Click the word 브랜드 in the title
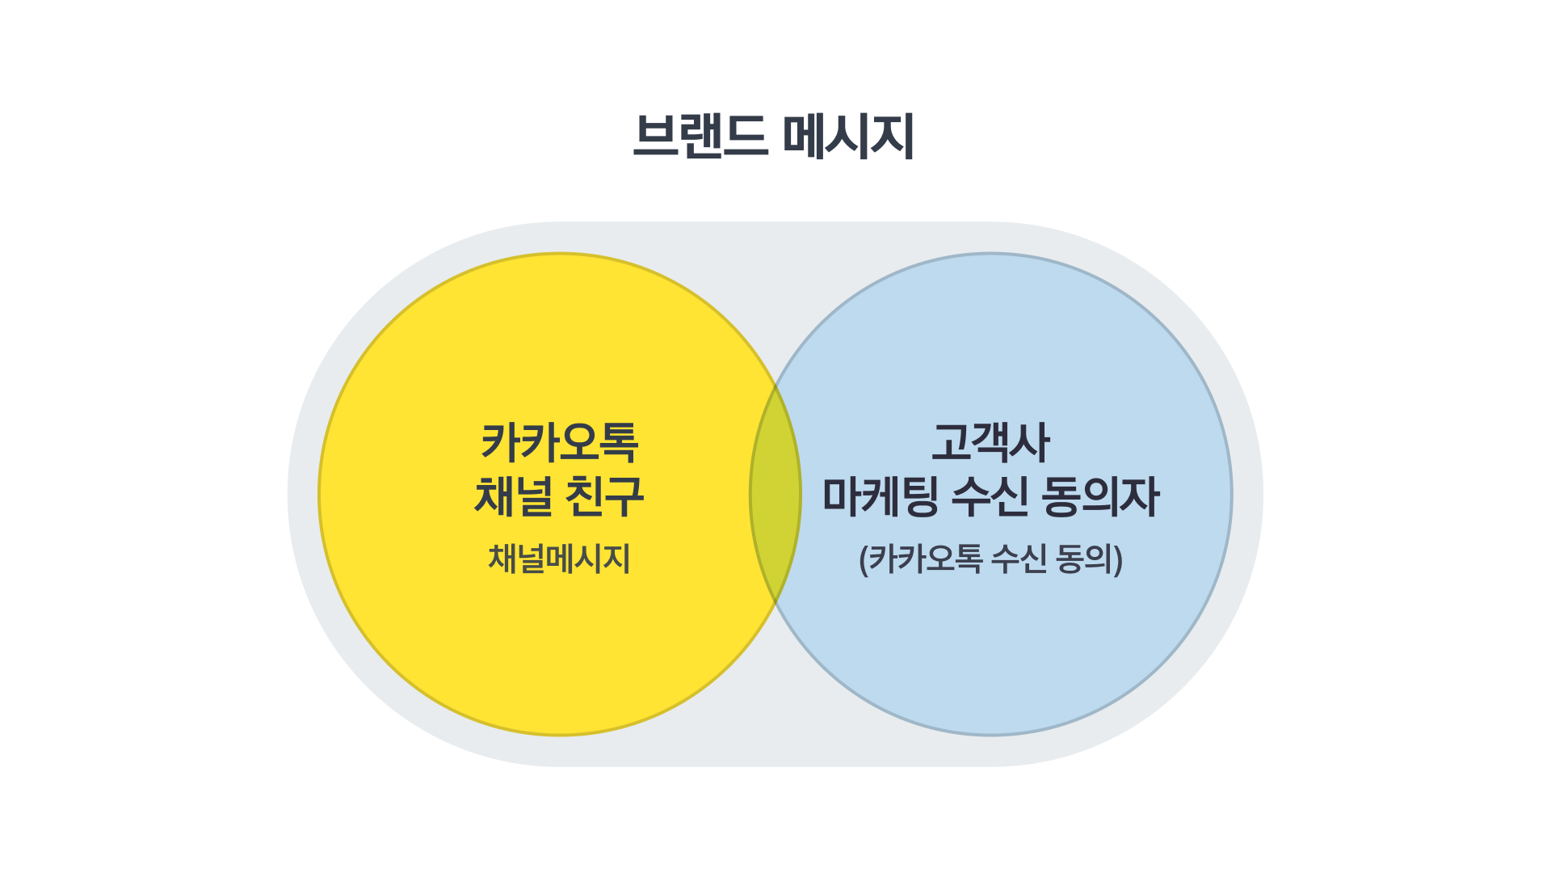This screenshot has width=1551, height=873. [700, 136]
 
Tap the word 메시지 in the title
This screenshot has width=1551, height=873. [849, 136]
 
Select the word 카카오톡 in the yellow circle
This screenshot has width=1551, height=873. [559, 442]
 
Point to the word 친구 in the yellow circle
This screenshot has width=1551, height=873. [604, 496]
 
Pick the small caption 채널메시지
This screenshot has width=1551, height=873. [559, 559]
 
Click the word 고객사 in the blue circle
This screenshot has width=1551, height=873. [990, 442]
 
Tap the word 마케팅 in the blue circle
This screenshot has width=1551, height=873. [881, 496]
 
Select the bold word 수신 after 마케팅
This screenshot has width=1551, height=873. [990, 496]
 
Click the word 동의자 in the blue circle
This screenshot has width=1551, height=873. [1100, 496]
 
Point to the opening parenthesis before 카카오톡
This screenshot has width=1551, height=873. [864, 559]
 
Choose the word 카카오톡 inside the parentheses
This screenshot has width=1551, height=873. [926, 559]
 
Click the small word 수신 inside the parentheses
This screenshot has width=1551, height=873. [1019, 559]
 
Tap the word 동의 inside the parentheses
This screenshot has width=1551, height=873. [1085, 559]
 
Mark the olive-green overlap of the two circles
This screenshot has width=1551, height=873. [775, 494]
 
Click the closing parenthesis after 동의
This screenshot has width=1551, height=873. [1119, 559]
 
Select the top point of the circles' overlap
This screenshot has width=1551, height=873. [775, 385]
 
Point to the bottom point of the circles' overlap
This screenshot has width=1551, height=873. [775, 604]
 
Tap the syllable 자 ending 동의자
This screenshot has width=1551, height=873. [1140, 496]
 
